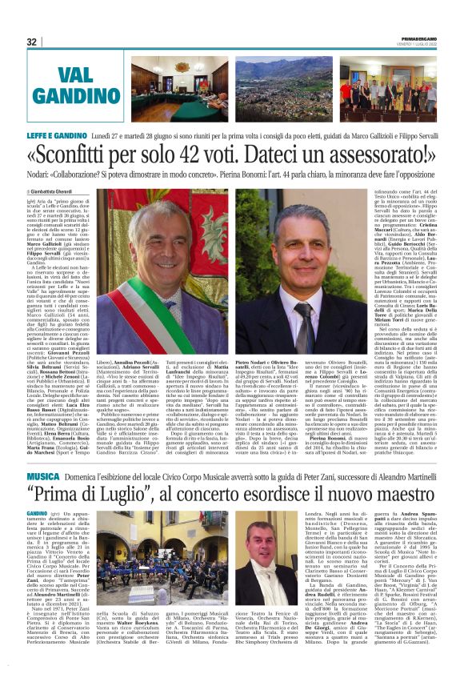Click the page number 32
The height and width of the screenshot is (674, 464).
coord(32,42)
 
